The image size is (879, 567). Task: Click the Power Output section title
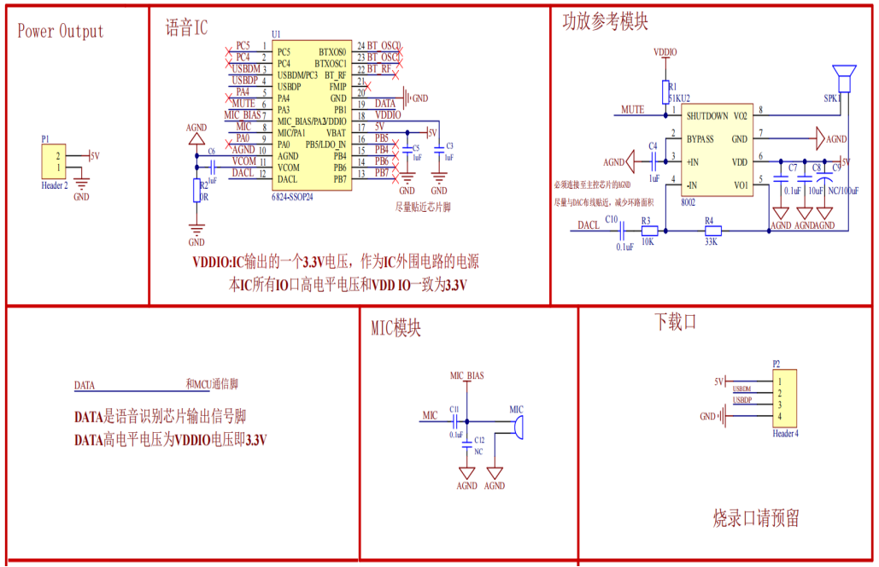point(61,32)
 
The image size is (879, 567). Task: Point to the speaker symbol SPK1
point(845,78)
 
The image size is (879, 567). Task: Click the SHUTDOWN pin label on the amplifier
point(707,115)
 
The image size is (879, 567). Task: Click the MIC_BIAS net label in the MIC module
point(466,376)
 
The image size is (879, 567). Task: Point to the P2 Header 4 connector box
point(784,398)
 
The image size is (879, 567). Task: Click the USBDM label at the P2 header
point(742,389)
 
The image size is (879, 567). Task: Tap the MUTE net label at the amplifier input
point(632,110)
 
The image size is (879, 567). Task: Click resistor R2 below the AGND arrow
point(196,190)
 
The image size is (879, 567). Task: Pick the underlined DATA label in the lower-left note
point(85,386)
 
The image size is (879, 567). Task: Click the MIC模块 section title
point(396,329)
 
